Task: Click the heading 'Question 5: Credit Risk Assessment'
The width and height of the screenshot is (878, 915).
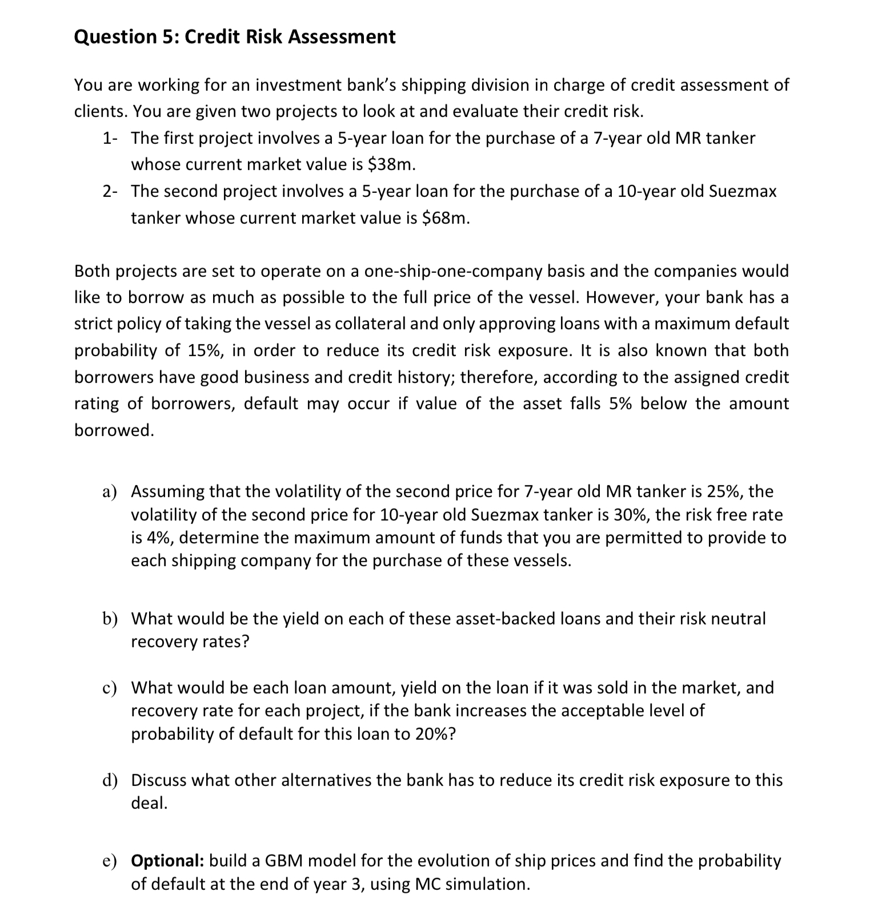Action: (x=235, y=37)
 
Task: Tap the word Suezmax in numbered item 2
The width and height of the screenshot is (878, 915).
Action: (x=742, y=191)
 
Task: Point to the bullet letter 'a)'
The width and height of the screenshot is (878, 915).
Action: (x=110, y=492)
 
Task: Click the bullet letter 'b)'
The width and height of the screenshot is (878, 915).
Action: (x=110, y=619)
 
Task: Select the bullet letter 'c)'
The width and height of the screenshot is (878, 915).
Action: (x=110, y=688)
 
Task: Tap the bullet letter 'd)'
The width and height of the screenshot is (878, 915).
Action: (x=110, y=780)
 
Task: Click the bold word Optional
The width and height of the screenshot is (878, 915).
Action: (x=167, y=861)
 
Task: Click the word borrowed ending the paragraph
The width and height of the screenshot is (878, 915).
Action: (x=114, y=430)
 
